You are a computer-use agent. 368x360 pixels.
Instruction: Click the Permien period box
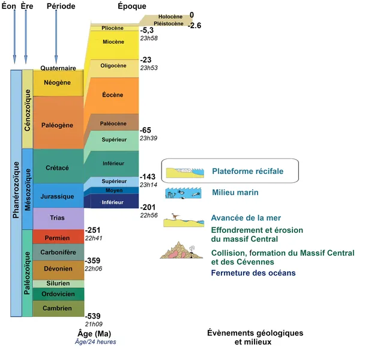(x=58, y=237)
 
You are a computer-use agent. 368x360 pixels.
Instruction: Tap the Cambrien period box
(x=58, y=308)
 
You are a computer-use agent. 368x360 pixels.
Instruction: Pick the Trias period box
(x=58, y=218)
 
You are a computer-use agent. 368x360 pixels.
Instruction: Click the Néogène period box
(x=58, y=83)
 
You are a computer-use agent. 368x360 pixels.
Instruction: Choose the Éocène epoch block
(x=113, y=95)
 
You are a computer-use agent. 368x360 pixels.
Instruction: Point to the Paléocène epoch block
(x=113, y=123)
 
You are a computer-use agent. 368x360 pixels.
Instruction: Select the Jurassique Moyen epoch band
(x=113, y=190)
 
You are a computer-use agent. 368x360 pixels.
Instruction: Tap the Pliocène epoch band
(x=113, y=28)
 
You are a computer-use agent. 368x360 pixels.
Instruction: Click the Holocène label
(x=170, y=17)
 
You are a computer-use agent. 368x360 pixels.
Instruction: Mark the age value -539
(x=92, y=316)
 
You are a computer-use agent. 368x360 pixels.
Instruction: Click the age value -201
(x=148, y=207)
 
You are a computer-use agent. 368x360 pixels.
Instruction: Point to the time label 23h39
(x=148, y=138)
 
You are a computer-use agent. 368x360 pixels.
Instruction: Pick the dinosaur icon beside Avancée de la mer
(x=174, y=216)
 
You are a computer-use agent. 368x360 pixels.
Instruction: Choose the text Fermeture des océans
(x=252, y=274)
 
